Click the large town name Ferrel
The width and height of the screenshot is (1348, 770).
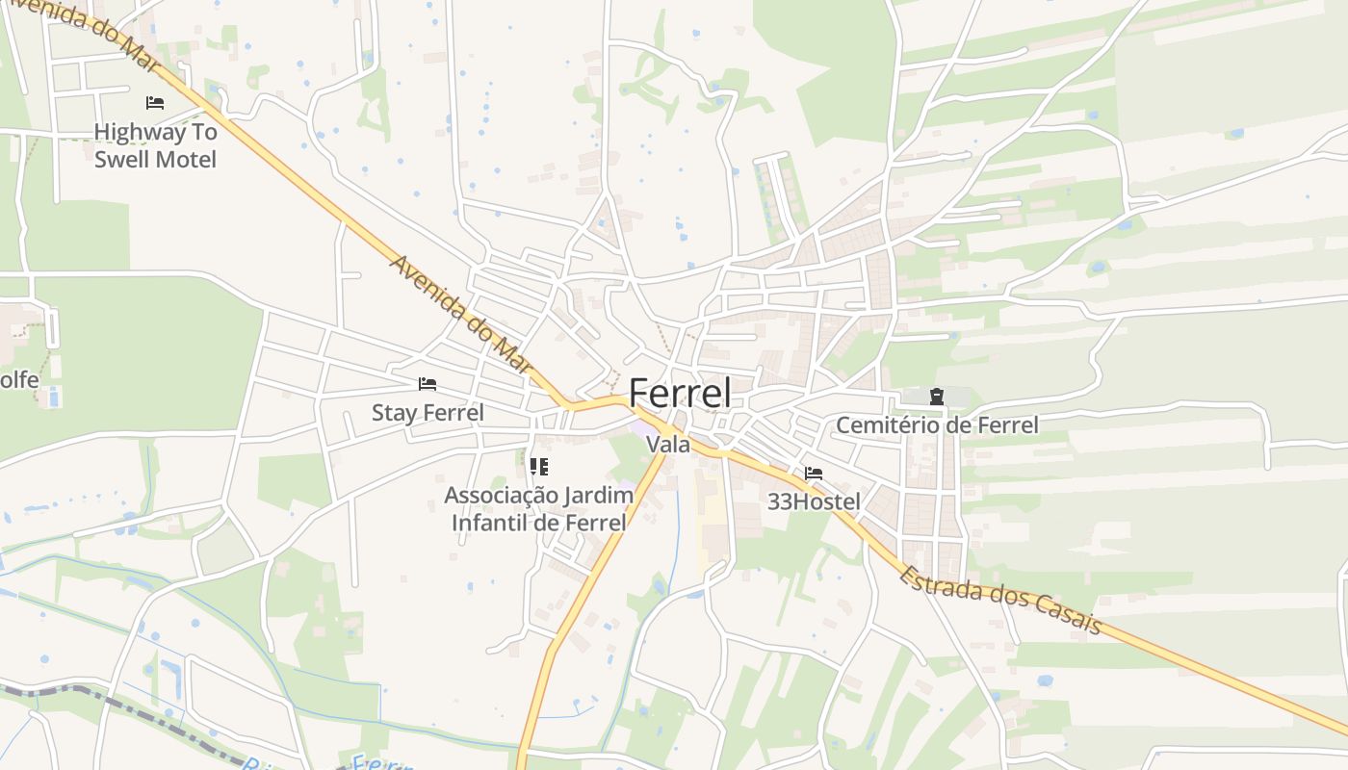(x=679, y=393)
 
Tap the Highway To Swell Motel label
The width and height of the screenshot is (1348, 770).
(x=155, y=145)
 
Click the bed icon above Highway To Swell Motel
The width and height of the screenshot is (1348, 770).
(x=155, y=103)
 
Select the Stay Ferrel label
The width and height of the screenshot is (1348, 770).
(x=428, y=413)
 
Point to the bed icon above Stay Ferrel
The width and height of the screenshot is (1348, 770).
(x=428, y=384)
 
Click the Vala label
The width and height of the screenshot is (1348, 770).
(x=668, y=445)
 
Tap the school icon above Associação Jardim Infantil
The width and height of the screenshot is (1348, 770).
(x=538, y=467)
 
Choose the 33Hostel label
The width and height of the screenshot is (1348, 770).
(x=814, y=501)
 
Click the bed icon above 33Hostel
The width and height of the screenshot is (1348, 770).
(x=814, y=474)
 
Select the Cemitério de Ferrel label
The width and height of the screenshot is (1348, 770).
(x=936, y=424)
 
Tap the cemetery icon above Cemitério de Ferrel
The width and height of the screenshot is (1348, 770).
(x=935, y=396)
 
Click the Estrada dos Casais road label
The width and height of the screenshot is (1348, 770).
(x=1001, y=599)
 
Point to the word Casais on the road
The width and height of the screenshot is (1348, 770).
(x=1069, y=614)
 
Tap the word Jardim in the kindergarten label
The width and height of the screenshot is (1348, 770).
(x=598, y=496)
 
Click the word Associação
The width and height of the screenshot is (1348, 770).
(x=501, y=496)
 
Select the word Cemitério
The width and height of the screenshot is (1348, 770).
(x=892, y=424)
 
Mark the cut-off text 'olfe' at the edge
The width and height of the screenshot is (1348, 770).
(x=18, y=380)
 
